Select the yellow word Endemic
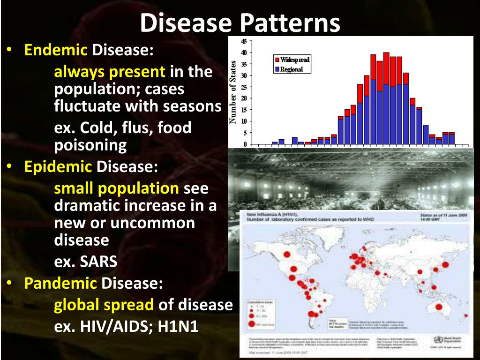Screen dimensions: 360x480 click(56, 50)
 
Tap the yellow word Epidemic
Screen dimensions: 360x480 click(58, 166)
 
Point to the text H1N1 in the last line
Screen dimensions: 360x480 click(178, 326)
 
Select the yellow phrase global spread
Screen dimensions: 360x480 click(104, 305)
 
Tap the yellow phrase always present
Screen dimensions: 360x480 click(110, 72)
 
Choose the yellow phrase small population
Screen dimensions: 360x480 click(116, 188)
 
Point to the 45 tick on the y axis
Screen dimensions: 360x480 click(243, 41)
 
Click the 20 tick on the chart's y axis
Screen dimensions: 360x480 click(243, 98)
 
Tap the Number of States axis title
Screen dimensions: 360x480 click(233, 92)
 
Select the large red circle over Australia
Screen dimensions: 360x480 click(439, 307)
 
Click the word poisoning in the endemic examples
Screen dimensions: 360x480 click(90, 145)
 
